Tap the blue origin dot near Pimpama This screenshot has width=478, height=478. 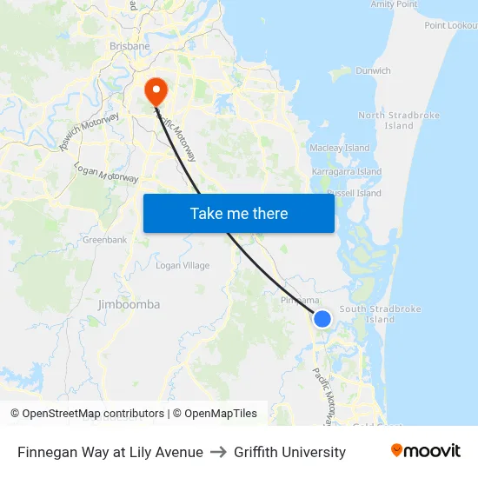pyautogui.click(x=322, y=319)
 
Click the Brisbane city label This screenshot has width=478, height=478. pyautogui.click(x=129, y=46)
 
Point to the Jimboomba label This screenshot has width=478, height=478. pyautogui.click(x=129, y=304)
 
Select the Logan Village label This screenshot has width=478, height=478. pyautogui.click(x=183, y=266)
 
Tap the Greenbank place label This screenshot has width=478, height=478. pyautogui.click(x=104, y=239)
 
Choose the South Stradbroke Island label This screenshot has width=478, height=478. pyautogui.click(x=380, y=314)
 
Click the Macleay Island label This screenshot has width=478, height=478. pyautogui.click(x=340, y=148)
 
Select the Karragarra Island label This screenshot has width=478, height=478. pyautogui.click(x=346, y=171)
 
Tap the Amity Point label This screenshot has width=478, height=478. pyautogui.click(x=394, y=4)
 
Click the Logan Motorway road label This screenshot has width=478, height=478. pyautogui.click(x=106, y=173)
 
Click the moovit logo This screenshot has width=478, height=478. pyautogui.click(x=425, y=451)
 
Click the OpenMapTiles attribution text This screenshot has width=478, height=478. pyautogui.click(x=221, y=414)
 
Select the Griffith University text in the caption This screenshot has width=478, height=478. pyautogui.click(x=289, y=452)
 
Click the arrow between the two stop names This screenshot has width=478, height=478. pyautogui.click(x=218, y=452)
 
